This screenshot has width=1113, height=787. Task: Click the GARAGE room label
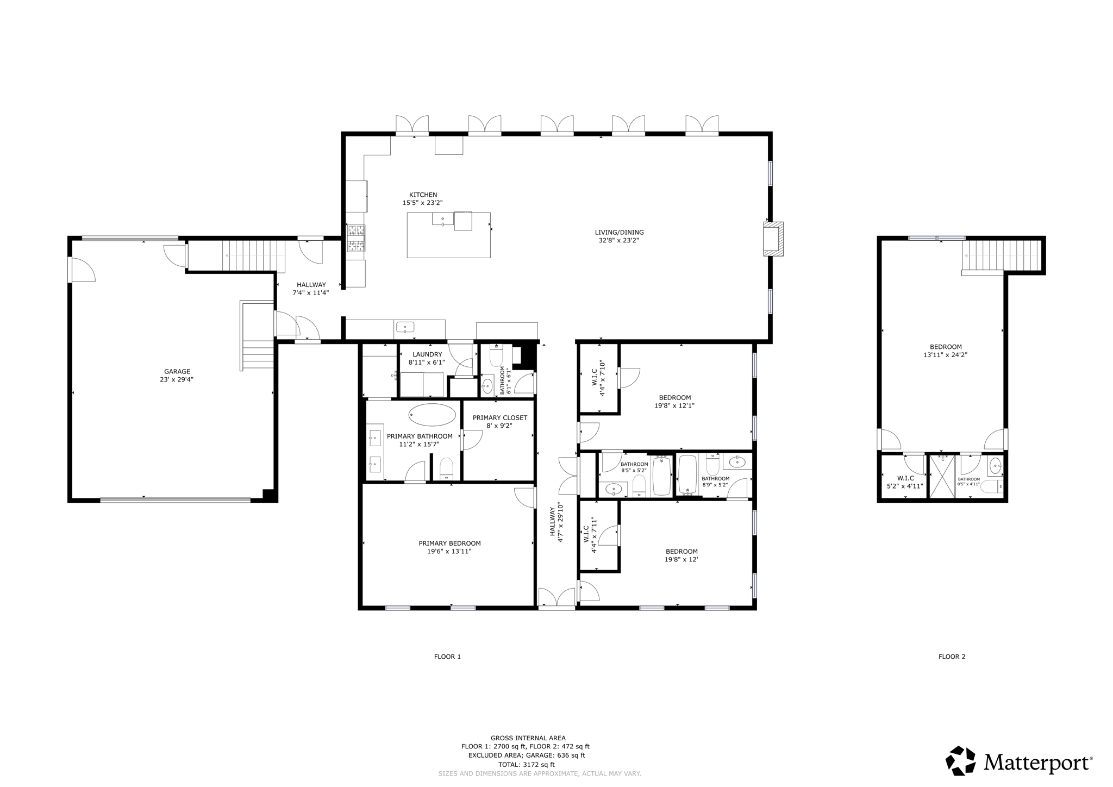coord(177,372)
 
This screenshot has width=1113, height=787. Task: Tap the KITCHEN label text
coord(423,195)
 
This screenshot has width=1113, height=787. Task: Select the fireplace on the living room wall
coord(773,239)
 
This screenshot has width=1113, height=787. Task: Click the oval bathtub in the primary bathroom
coord(432,415)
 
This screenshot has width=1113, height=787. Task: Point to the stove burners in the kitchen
coord(356,238)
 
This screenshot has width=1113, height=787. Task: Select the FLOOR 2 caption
coord(952,657)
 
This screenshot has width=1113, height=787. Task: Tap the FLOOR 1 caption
coord(447,657)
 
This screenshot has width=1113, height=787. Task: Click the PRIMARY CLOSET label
coord(499,418)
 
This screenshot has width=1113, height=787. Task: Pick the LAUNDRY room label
coord(427,354)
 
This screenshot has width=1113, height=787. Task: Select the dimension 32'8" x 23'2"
coord(619,240)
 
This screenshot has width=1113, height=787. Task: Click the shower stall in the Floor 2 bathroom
coord(942,476)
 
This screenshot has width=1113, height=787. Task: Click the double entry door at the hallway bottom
coord(556,597)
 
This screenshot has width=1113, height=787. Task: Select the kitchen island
coord(448,235)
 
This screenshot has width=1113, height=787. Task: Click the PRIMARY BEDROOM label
coord(449,544)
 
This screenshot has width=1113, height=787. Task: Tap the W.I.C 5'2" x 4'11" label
coord(905,482)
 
